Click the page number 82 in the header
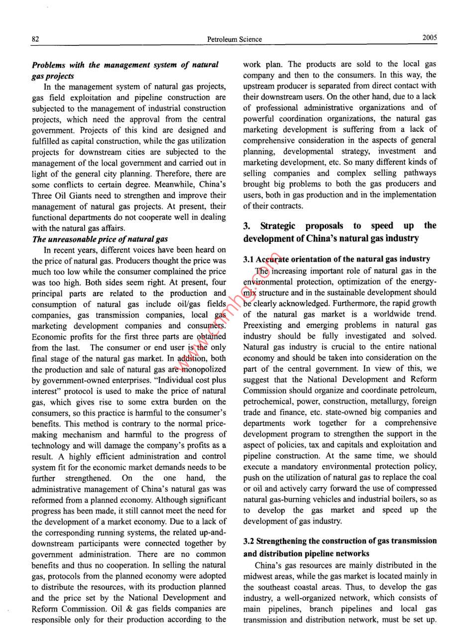(35, 39)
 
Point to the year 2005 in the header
(430, 38)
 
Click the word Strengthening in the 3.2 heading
(282, 541)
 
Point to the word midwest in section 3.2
(259, 576)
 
